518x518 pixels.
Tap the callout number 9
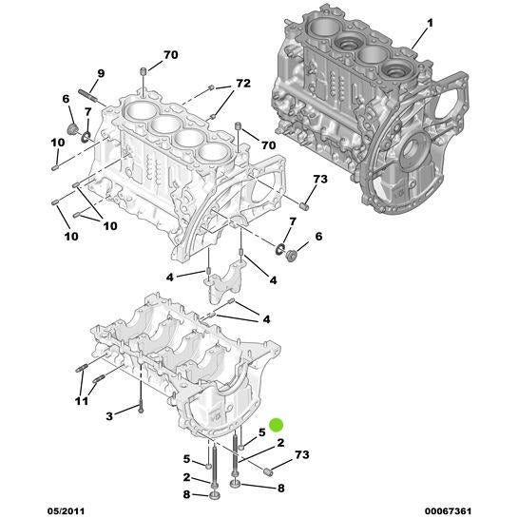tap(102, 74)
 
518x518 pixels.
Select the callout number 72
tap(242, 85)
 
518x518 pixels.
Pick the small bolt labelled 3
tap(139, 408)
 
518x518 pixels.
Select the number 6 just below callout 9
tap(67, 99)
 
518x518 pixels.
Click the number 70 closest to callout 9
tap(170, 55)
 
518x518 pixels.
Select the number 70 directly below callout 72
tap(269, 144)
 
